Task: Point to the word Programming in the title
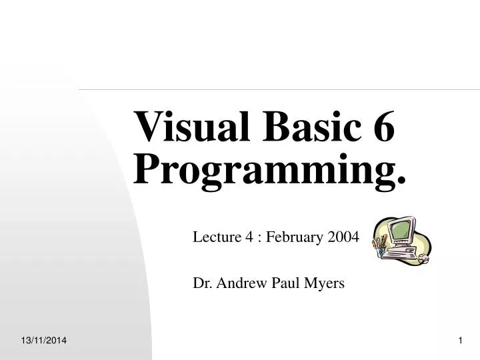260,170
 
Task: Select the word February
291,237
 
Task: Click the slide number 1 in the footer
460,341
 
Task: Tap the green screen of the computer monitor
401,231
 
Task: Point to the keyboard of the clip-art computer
401,255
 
